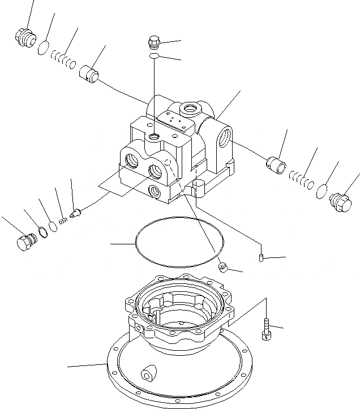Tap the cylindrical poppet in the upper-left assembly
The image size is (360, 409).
coord(89,74)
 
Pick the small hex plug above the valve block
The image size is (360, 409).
coord(153,42)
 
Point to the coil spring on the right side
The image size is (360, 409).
coord(302,179)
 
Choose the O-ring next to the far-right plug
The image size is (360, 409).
coord(322,191)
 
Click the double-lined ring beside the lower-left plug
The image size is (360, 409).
coord(41,232)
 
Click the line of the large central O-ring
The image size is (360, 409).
coord(136,243)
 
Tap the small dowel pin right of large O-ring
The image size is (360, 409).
coord(262,259)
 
